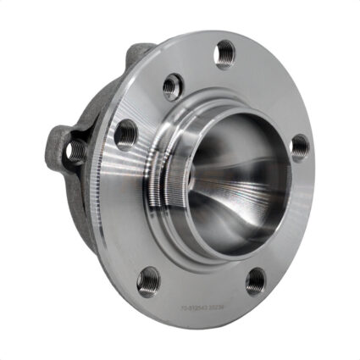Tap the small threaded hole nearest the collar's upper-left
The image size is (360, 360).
(172, 85)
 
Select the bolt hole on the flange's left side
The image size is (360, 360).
(125, 133)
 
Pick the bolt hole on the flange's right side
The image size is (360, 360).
(300, 147)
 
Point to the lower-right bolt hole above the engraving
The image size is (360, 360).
(256, 281)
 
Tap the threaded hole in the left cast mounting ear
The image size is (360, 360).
(76, 152)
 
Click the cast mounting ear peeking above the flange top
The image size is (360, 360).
(140, 54)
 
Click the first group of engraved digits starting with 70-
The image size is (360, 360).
(195, 312)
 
